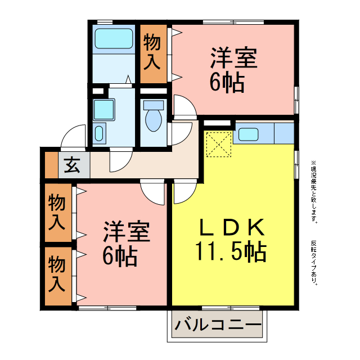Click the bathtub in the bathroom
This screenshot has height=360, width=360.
pos(113,39)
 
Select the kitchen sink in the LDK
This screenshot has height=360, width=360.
pos(248,134)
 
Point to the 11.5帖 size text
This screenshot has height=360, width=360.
pos(231,251)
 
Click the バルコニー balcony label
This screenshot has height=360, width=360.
pos(218,325)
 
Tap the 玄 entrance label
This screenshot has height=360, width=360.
pos(71,165)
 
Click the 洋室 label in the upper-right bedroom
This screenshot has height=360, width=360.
pos(233,58)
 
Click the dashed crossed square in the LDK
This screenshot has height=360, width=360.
pos(218,145)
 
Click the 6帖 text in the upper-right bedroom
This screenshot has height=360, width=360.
pos(227,83)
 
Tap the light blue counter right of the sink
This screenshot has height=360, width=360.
pos(283,134)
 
